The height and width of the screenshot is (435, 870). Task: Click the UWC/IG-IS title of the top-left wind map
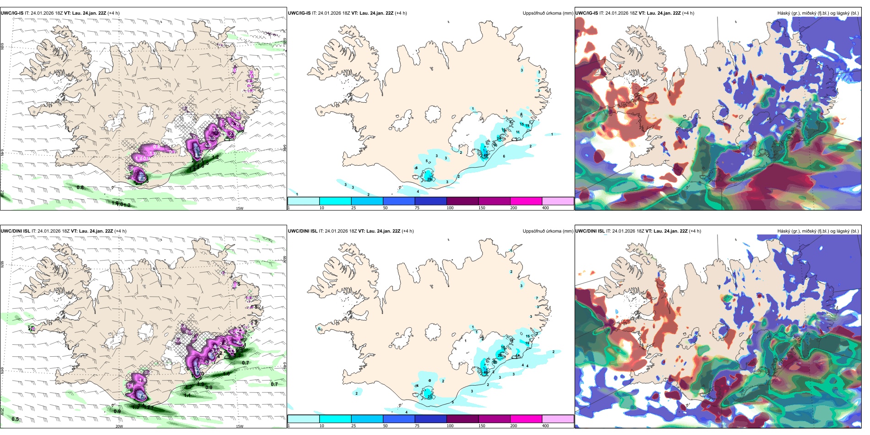coord(12,13)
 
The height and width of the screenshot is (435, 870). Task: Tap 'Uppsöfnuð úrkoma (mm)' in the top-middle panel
coord(548,13)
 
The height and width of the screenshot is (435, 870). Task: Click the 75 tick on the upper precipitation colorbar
coord(417,208)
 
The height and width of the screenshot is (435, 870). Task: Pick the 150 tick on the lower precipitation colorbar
coord(482,426)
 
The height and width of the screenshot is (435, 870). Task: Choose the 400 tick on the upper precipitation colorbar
coord(545,208)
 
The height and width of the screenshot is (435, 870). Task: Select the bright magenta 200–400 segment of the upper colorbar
coord(526,201)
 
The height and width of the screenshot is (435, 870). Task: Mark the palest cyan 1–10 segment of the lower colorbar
coord(304,419)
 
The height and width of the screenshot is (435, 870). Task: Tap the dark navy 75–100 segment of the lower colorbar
coord(431,419)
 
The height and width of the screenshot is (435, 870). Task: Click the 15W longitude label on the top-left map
coord(239,208)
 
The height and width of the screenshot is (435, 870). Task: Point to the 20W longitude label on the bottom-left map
coord(119,426)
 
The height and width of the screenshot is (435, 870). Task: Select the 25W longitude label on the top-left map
coord(3,194)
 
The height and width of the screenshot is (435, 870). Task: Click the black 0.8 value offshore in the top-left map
coord(80,188)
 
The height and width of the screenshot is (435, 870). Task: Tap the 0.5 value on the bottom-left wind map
coord(15,419)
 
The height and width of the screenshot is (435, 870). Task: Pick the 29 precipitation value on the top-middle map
coord(430,179)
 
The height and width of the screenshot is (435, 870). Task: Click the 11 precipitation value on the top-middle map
coord(518,132)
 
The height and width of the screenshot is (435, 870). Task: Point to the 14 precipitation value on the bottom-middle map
coord(518,356)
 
